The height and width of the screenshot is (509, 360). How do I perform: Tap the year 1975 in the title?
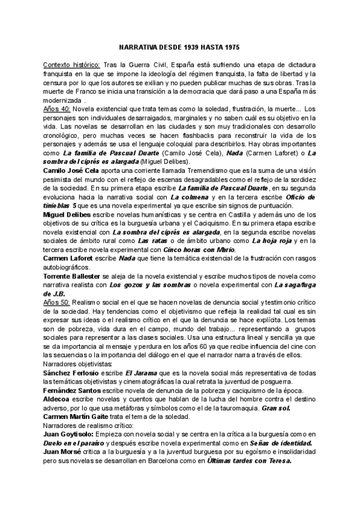(232, 46)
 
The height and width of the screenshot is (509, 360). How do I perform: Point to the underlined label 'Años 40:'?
(57, 109)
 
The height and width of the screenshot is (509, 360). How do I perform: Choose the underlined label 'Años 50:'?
(57, 304)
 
